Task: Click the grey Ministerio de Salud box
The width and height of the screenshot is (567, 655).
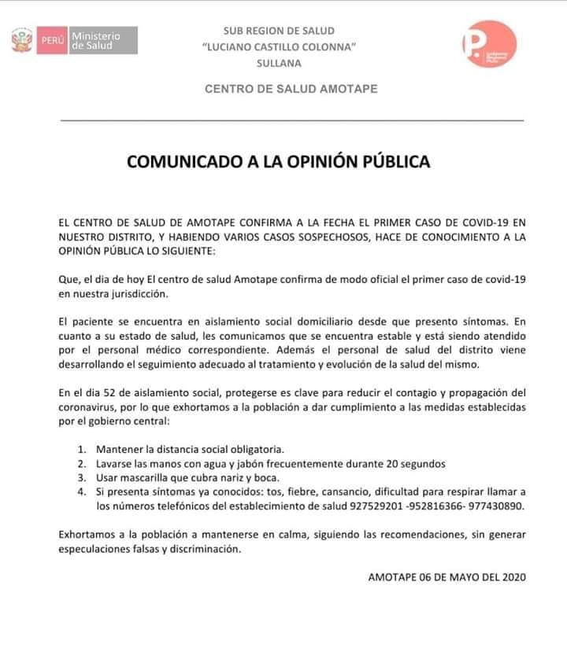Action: (x=102, y=40)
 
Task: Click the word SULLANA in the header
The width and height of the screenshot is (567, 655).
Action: (x=289, y=64)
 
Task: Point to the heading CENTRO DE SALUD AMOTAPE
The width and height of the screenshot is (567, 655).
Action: (x=291, y=89)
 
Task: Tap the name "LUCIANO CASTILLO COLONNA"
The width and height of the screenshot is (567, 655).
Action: (x=291, y=47)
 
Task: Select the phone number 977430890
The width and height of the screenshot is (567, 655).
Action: (x=497, y=506)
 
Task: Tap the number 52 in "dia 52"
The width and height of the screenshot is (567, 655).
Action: (x=113, y=392)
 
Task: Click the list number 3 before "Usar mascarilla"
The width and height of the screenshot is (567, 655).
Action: (x=83, y=478)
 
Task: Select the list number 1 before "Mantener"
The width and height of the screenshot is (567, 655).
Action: (x=83, y=450)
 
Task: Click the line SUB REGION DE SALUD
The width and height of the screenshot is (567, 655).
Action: (x=291, y=31)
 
